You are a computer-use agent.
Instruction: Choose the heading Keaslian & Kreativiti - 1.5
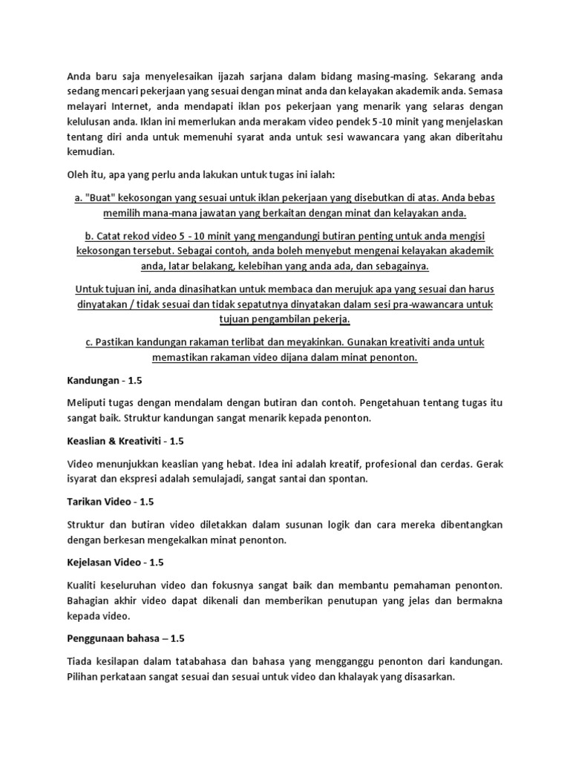(125, 441)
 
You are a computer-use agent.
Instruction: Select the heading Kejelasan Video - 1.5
(114, 562)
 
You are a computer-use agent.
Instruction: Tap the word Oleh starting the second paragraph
(79, 175)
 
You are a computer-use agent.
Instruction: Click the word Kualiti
(85, 584)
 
